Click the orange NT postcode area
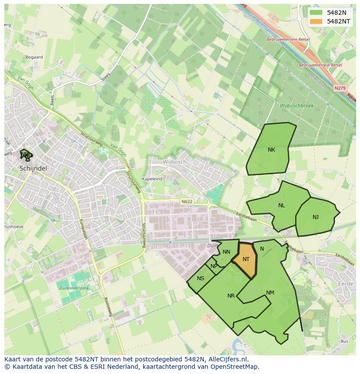click(x=245, y=260)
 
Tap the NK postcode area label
click(x=271, y=150)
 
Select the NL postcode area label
click(x=281, y=205)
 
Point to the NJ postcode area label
click(x=315, y=217)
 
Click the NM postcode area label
click(x=270, y=293)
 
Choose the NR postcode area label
click(x=231, y=296)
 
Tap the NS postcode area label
click(x=200, y=278)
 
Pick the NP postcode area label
click(x=213, y=266)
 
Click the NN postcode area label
click(x=226, y=252)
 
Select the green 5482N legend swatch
click(x=317, y=13)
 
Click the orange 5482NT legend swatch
click(x=317, y=21)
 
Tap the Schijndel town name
click(x=33, y=168)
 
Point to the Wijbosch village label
click(x=174, y=162)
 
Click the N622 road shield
click(x=187, y=202)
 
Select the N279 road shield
click(x=340, y=88)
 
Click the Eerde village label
click(x=346, y=284)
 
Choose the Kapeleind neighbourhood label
click(x=152, y=179)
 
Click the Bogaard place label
click(x=34, y=57)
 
